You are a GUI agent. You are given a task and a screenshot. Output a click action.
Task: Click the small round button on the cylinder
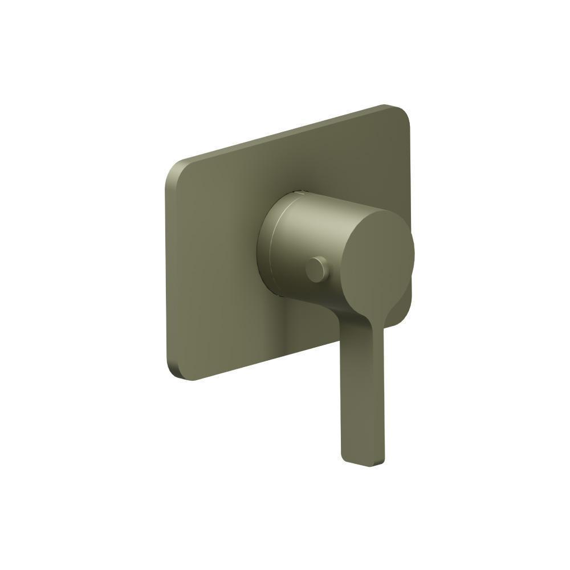click(x=317, y=269)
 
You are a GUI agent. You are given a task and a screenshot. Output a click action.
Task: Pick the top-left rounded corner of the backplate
click(x=174, y=168)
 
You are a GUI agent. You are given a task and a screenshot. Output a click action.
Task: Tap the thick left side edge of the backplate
click(x=169, y=274)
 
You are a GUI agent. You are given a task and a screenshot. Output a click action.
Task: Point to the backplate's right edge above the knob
click(x=409, y=171)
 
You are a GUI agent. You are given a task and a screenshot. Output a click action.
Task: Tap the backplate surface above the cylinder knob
click(x=319, y=165)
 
